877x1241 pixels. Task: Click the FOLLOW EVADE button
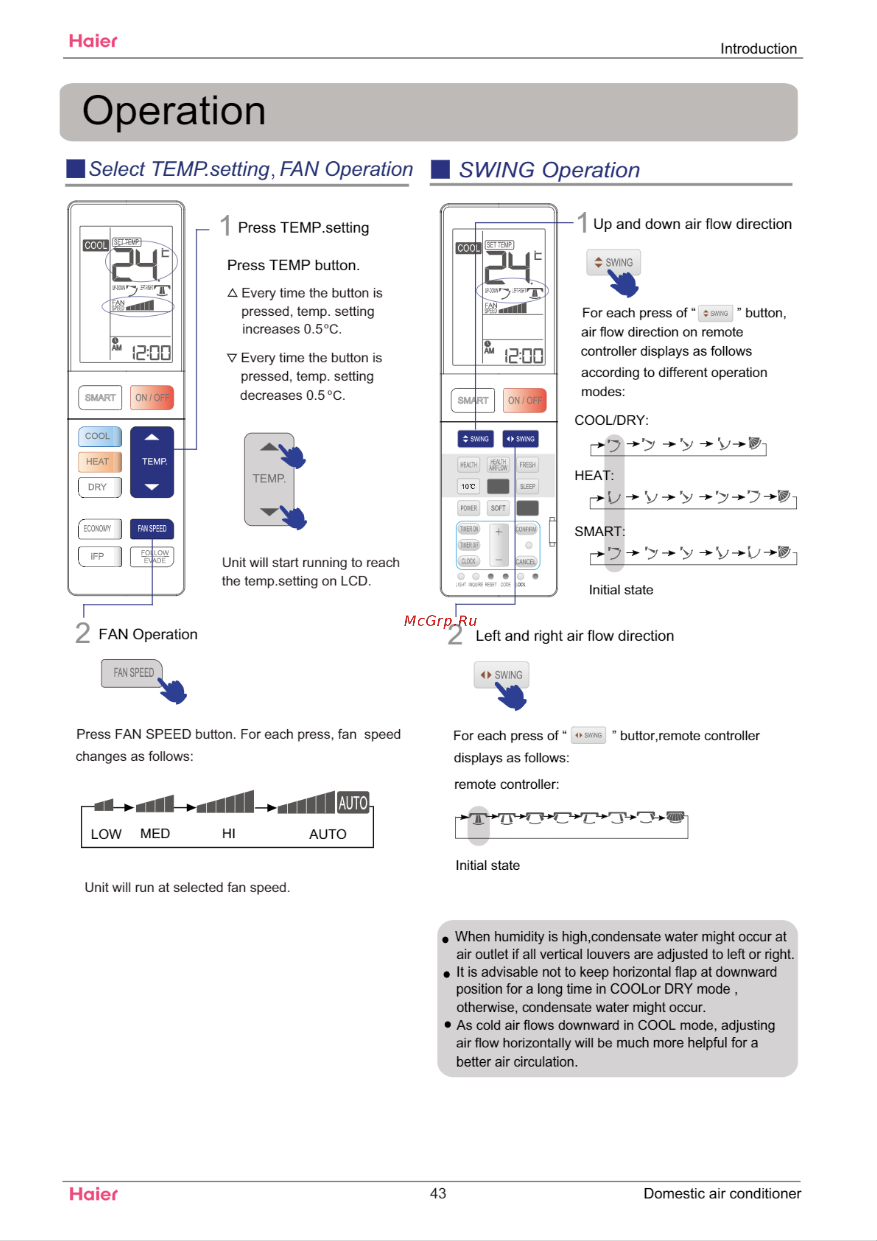[x=152, y=556]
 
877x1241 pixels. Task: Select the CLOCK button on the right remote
[x=469, y=561]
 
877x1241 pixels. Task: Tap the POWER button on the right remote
[x=469, y=508]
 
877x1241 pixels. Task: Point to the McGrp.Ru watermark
[x=441, y=620]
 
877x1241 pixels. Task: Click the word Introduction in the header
[x=758, y=49]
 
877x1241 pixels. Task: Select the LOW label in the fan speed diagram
[x=106, y=834]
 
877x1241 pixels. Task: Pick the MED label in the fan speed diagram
[x=155, y=834]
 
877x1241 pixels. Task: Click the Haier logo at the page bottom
[x=94, y=1194]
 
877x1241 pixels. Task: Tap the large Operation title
[x=173, y=111]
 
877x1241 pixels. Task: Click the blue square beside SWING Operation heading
[x=441, y=169]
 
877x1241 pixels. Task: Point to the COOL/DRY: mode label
[x=611, y=420]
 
